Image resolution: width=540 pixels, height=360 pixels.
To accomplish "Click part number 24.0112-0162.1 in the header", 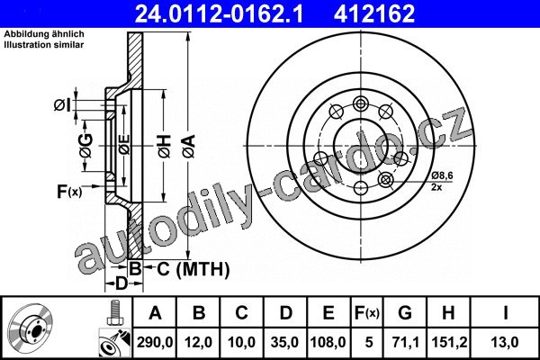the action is point(219,13).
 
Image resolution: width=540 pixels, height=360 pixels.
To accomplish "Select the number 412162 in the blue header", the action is point(374,13).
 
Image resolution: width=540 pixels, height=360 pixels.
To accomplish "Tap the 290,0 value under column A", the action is point(155,342).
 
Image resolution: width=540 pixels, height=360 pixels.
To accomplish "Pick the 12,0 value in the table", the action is point(198,342).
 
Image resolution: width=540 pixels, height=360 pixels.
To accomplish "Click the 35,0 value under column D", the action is point(284,342).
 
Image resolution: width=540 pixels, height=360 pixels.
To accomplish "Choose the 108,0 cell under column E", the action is point(328,342).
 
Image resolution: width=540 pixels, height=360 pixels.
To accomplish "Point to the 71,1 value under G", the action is point(405,342).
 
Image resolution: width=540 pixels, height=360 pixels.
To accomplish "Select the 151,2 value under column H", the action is point(449,342).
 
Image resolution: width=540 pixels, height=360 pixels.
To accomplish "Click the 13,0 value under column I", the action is point(505,342).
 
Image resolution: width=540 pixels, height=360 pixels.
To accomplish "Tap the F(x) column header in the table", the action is point(367,313).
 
